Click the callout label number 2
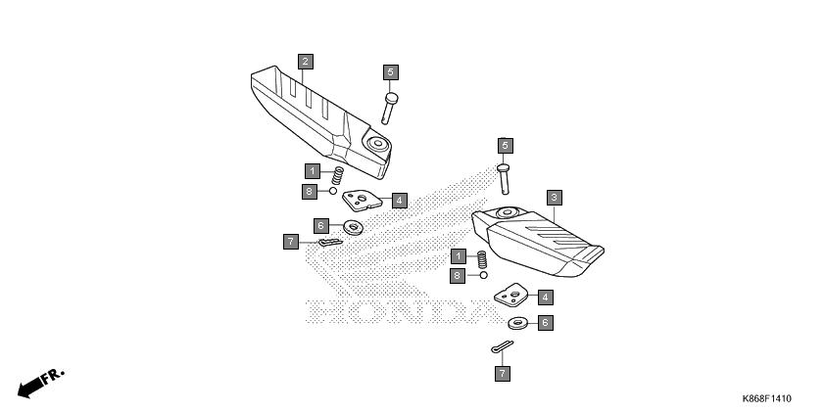[x=305, y=62]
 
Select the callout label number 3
[x=554, y=198]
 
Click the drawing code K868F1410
[x=766, y=399]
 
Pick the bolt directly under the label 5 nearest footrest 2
[x=389, y=109]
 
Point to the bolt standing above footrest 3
[x=504, y=179]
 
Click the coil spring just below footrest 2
[x=337, y=175]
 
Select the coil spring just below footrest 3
[x=482, y=259]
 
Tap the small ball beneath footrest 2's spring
[x=333, y=190]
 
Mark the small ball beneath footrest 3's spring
[x=483, y=275]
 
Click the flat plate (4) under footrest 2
[x=362, y=200]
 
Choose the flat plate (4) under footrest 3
[x=511, y=295]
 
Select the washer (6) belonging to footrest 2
[x=354, y=228]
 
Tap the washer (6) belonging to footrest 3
[x=518, y=323]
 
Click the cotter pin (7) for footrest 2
[x=330, y=243]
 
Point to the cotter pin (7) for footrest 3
[x=503, y=346]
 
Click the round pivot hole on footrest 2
[x=377, y=143]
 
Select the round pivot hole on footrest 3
[x=507, y=212]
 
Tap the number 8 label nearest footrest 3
[x=458, y=276]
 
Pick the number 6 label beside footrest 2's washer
[x=321, y=226]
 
